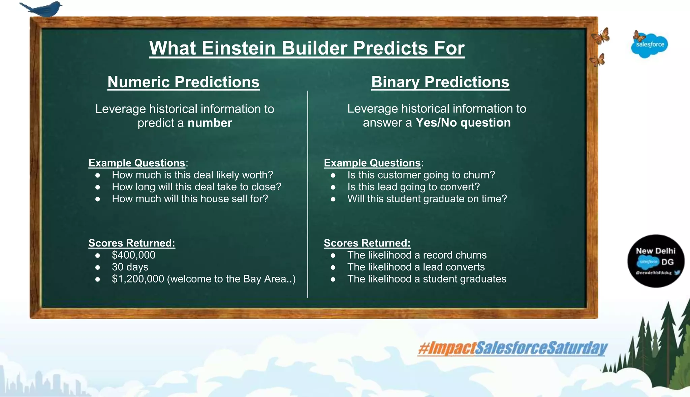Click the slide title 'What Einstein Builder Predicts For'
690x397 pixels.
point(307,48)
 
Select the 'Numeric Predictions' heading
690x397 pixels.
point(183,82)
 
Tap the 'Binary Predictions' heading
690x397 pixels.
point(440,82)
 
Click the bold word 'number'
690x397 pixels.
point(210,123)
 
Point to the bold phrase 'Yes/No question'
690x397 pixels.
point(463,123)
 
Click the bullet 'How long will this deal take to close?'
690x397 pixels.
point(196,187)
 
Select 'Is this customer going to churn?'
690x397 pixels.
point(421,175)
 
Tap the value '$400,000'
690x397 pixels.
point(133,255)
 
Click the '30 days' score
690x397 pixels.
point(130,267)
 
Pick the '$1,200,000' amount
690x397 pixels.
point(138,279)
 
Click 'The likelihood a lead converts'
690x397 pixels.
point(416,267)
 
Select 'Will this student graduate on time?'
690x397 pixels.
point(427,199)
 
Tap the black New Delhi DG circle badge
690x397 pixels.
point(655,261)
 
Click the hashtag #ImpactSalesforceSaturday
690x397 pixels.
point(512,348)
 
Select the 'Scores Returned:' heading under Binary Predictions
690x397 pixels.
point(367,243)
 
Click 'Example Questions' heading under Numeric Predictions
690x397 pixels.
point(137,163)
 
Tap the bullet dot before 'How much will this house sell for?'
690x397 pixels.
point(98,199)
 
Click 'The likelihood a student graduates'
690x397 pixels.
point(427,279)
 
